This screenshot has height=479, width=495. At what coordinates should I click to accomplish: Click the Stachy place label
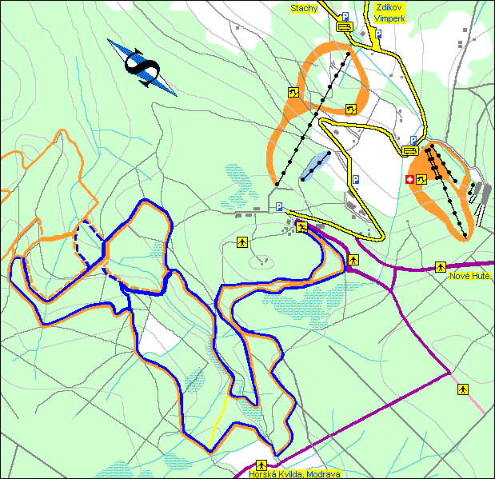(x=305, y=9)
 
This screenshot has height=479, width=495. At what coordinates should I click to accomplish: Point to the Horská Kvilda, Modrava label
(x=295, y=474)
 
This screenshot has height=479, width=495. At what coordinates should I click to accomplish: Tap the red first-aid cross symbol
(x=410, y=181)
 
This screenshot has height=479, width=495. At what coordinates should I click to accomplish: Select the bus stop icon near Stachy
(x=345, y=26)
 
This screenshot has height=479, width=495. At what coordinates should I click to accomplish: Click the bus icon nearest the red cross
(x=410, y=150)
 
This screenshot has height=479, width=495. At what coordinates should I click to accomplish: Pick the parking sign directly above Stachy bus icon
(x=345, y=16)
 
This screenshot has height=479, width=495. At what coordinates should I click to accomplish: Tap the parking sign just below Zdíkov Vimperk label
(x=379, y=34)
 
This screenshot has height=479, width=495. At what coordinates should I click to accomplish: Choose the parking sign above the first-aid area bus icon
(x=413, y=139)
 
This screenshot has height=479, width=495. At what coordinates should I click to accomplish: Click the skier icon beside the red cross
(x=421, y=181)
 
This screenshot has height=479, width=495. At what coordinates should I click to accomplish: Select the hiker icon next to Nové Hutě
(x=440, y=265)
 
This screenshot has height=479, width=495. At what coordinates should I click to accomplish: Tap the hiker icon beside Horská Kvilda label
(x=261, y=465)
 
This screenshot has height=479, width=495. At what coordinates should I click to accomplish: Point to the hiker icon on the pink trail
(x=462, y=389)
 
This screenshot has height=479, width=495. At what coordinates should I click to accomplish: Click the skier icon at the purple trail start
(x=301, y=227)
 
